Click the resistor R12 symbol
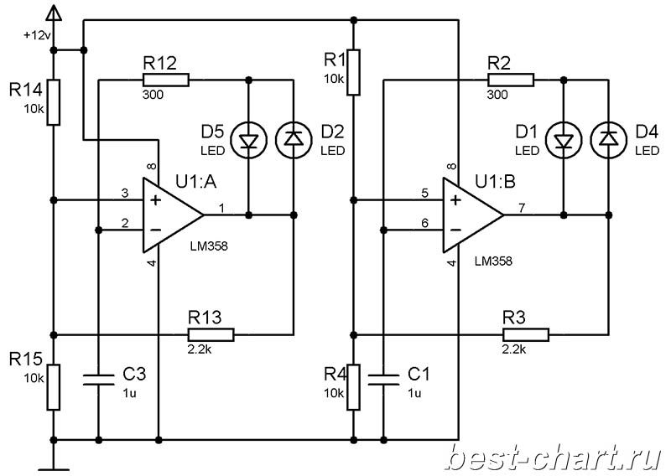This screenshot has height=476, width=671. pyautogui.click(x=165, y=80)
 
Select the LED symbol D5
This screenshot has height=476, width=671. pyautogui.click(x=248, y=139)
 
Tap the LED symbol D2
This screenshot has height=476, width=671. pyautogui.click(x=294, y=139)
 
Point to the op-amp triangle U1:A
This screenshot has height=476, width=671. pyautogui.click(x=173, y=215)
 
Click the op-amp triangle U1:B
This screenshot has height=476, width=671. pyautogui.click(x=473, y=215)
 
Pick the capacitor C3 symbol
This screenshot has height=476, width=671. pyautogui.click(x=98, y=380)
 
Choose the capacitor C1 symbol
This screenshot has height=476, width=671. pyautogui.click(x=383, y=380)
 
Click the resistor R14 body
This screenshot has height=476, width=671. pyautogui.click(x=53, y=102)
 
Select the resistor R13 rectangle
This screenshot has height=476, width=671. pyautogui.click(x=211, y=334)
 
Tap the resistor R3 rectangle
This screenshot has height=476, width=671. pyautogui.click(x=526, y=334)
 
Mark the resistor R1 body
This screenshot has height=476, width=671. pyautogui.click(x=353, y=72)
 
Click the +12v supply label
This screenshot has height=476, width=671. pyautogui.click(x=37, y=35)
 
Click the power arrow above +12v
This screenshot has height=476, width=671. pyautogui.click(x=54, y=13)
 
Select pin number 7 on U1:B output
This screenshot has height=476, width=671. pyautogui.click(x=521, y=208)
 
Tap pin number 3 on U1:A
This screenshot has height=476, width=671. pyautogui.click(x=124, y=194)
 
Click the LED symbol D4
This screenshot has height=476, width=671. pyautogui.click(x=609, y=139)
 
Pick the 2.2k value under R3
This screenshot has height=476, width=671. pyautogui.click(x=513, y=349)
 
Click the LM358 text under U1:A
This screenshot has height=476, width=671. pyautogui.click(x=209, y=246)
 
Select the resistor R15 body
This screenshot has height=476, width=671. pyautogui.click(x=53, y=387)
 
